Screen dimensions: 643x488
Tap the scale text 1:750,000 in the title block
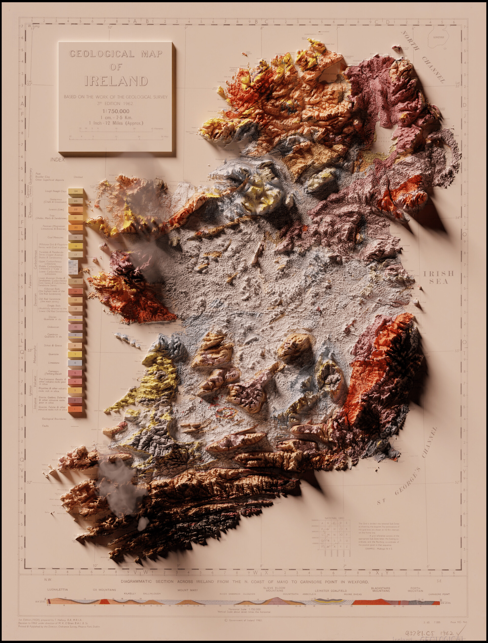(116, 111)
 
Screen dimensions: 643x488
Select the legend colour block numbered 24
(76, 191)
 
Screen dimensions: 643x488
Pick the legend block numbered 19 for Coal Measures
(75, 238)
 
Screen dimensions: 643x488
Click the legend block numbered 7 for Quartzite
(75, 354)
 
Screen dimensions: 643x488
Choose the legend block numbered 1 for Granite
(75, 409)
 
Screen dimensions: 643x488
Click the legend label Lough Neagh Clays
(56, 191)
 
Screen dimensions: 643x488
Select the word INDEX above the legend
(57, 159)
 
